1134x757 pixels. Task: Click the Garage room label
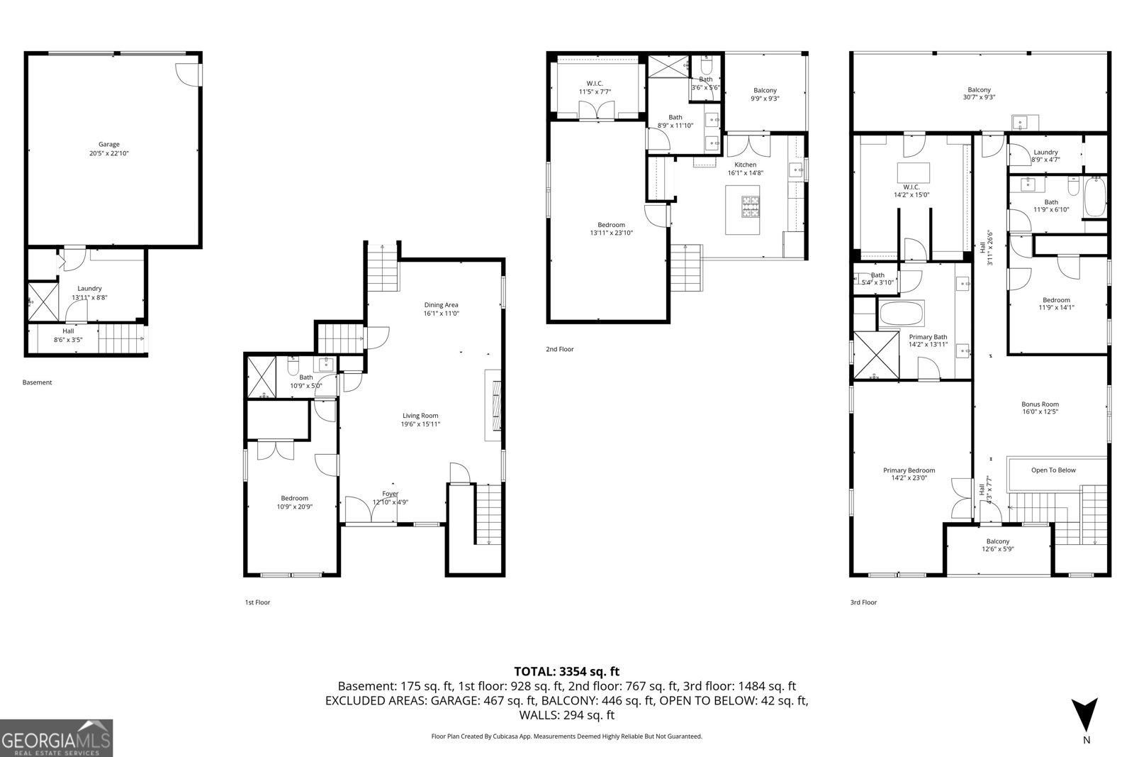pos(109,145)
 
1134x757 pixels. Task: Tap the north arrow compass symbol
pos(1084,714)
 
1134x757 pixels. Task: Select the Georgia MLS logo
pos(56,739)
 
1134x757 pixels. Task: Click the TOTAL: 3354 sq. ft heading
pos(566,671)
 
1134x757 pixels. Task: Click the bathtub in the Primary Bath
pos(902,314)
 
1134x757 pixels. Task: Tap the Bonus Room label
pos(1040,404)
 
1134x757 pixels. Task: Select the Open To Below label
pos(1053,470)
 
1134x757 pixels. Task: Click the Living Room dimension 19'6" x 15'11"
pos(421,424)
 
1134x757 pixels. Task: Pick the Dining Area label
pos(441,305)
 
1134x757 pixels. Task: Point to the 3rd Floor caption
pos(864,602)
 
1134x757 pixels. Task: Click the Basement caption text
pos(37,382)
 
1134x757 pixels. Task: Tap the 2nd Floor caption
pos(560,349)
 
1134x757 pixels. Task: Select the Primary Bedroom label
pos(909,470)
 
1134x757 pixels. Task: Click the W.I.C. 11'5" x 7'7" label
pos(595,88)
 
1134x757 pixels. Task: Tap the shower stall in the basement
pos(43,302)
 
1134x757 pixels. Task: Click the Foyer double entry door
pos(371,509)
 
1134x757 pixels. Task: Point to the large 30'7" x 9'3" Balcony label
pos(979,93)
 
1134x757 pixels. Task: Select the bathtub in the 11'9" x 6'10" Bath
pos(1094,197)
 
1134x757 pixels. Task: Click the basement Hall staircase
pos(122,338)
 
